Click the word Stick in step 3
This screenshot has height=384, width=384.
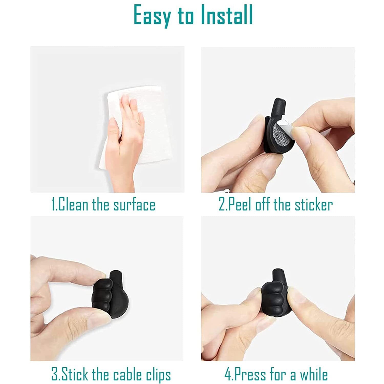pos(74,375)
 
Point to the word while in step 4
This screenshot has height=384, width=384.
pos(314,375)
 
